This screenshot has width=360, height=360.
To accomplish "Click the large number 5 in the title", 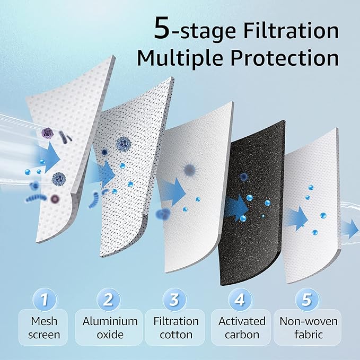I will tap(162, 29).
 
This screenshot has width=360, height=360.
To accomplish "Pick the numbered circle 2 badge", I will tap(109, 300).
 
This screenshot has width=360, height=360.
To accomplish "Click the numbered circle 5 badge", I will tap(306, 300).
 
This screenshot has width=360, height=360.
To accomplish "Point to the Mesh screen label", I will tap(45, 328).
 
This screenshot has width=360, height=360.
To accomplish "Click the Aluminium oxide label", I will tap(110, 328).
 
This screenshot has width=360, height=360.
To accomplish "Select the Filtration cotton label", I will tap(175, 328).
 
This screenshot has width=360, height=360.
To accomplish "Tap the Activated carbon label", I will tap(242, 328).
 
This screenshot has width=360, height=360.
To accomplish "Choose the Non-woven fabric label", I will tap(308, 328).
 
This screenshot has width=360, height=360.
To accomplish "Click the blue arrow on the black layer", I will tap(234, 208).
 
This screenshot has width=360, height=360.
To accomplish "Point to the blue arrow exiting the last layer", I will tap(350, 229).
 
